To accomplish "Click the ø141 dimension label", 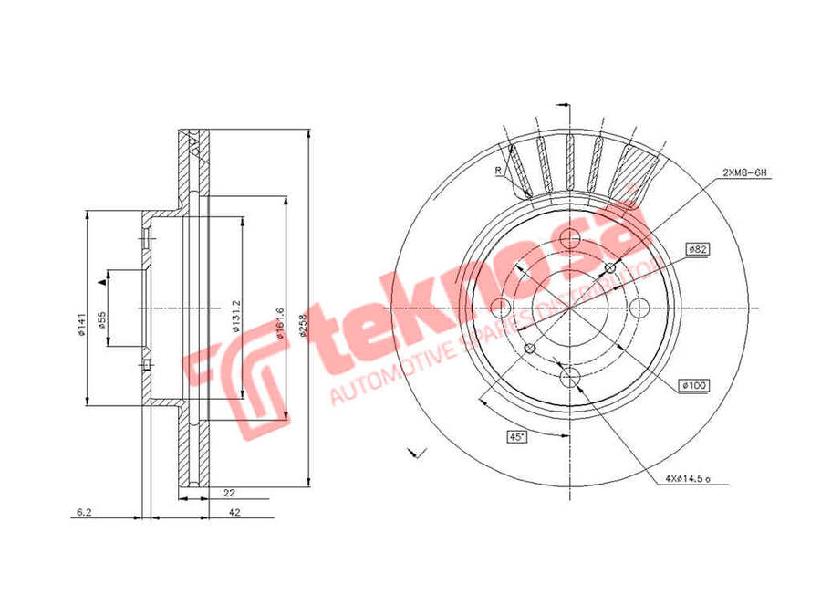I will click(81, 325).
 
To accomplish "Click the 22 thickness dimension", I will click(228, 492).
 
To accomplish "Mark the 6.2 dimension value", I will click(83, 513).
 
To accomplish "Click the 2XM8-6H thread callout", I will click(743, 172).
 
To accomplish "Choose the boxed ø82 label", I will click(699, 248).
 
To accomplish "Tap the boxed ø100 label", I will click(694, 387).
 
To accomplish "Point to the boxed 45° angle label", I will click(517, 437).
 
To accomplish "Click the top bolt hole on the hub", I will click(569, 239).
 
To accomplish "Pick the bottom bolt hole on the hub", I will click(569, 376).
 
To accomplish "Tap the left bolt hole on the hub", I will click(501, 308).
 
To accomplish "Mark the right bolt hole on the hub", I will click(638, 308).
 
